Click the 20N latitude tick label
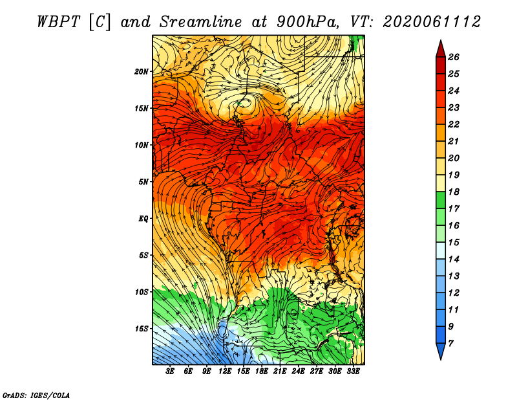[142, 72]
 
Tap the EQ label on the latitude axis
[143, 219]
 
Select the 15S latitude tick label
[142, 329]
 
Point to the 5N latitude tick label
[143, 182]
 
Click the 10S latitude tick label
[142, 292]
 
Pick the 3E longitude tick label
[170, 372]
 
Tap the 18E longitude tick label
[262, 372]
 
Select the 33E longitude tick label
[353, 372]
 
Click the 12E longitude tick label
[225, 372]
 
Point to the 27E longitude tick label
[317, 372]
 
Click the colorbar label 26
[454, 57]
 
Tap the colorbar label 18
[454, 192]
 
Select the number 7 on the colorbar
[450, 344]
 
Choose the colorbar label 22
[454, 124]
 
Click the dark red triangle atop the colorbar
[441, 49]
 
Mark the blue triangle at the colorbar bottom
[441, 351]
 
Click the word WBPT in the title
[58, 22]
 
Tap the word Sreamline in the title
[201, 22]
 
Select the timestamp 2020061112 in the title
[432, 22]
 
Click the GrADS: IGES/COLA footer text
[36, 395]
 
